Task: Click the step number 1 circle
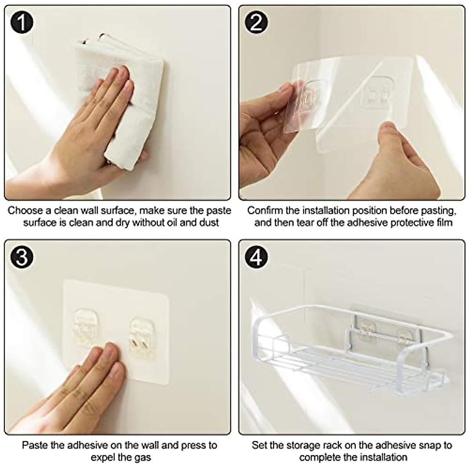coord(21,22)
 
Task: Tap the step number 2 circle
coord(256,22)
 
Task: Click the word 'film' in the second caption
coord(444,223)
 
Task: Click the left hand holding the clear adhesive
coord(266,117)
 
